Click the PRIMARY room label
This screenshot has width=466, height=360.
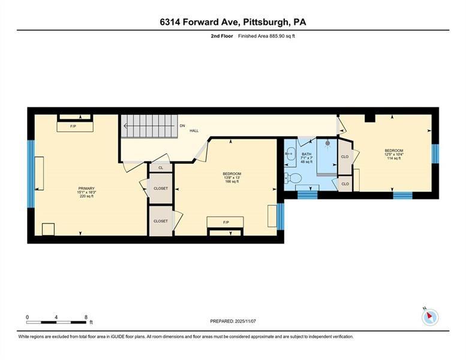[86, 188]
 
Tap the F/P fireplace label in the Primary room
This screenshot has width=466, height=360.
[73, 127]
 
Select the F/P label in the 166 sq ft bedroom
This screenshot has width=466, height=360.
[226, 222]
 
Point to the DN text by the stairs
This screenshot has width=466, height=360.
[182, 126]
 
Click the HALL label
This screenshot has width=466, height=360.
[194, 131]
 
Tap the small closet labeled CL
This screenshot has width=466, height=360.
[161, 169]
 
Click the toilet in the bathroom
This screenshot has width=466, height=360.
[292, 178]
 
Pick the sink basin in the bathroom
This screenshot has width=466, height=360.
[289, 154]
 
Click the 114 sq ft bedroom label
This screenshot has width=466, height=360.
[393, 158]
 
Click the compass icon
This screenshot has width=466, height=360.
[430, 317]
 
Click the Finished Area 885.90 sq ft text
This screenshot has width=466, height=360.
[267, 36]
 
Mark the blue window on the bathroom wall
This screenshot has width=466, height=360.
[307, 194]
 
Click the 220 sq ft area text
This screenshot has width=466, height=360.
[86, 196]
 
